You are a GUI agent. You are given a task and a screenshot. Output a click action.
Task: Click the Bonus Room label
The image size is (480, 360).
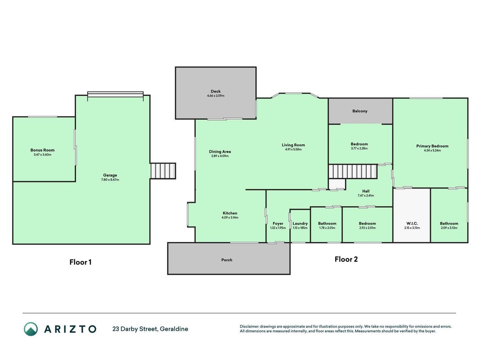(43, 150)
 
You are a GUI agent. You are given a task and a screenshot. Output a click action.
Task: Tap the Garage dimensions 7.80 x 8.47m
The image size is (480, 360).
(110, 180)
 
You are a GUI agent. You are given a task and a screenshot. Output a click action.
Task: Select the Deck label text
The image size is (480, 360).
(215, 91)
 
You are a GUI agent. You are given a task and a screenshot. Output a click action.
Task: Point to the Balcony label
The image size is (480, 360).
(360, 111)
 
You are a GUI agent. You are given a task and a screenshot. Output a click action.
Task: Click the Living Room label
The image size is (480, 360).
(293, 145)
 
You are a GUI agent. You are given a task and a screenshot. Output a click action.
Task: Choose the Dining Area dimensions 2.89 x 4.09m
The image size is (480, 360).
(220, 156)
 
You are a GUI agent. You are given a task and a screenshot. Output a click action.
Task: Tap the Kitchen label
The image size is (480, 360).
(230, 213)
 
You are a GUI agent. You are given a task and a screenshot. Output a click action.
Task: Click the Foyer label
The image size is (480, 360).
(278, 224)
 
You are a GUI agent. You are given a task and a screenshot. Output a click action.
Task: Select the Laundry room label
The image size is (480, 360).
(300, 224)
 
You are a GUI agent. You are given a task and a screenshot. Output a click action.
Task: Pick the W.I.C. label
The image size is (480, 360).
(412, 224)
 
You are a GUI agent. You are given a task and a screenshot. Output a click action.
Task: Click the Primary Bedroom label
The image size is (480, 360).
(432, 146)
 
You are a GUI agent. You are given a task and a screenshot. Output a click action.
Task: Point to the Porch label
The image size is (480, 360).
(227, 260)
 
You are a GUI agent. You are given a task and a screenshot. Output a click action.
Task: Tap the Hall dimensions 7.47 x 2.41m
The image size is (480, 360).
(366, 196)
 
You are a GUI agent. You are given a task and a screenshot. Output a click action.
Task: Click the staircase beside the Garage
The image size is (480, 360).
(163, 171)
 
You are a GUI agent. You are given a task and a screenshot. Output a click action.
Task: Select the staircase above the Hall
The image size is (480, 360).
(353, 171)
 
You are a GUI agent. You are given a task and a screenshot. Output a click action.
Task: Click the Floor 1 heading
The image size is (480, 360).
(80, 262)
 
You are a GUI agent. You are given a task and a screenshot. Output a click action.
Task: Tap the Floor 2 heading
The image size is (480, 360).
(346, 259)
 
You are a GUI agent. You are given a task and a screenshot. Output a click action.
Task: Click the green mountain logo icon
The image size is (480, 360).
(31, 329)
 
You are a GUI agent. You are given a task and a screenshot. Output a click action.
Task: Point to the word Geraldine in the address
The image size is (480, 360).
(174, 329)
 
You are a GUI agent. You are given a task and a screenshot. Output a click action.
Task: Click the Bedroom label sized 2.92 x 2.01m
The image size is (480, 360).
(368, 224)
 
